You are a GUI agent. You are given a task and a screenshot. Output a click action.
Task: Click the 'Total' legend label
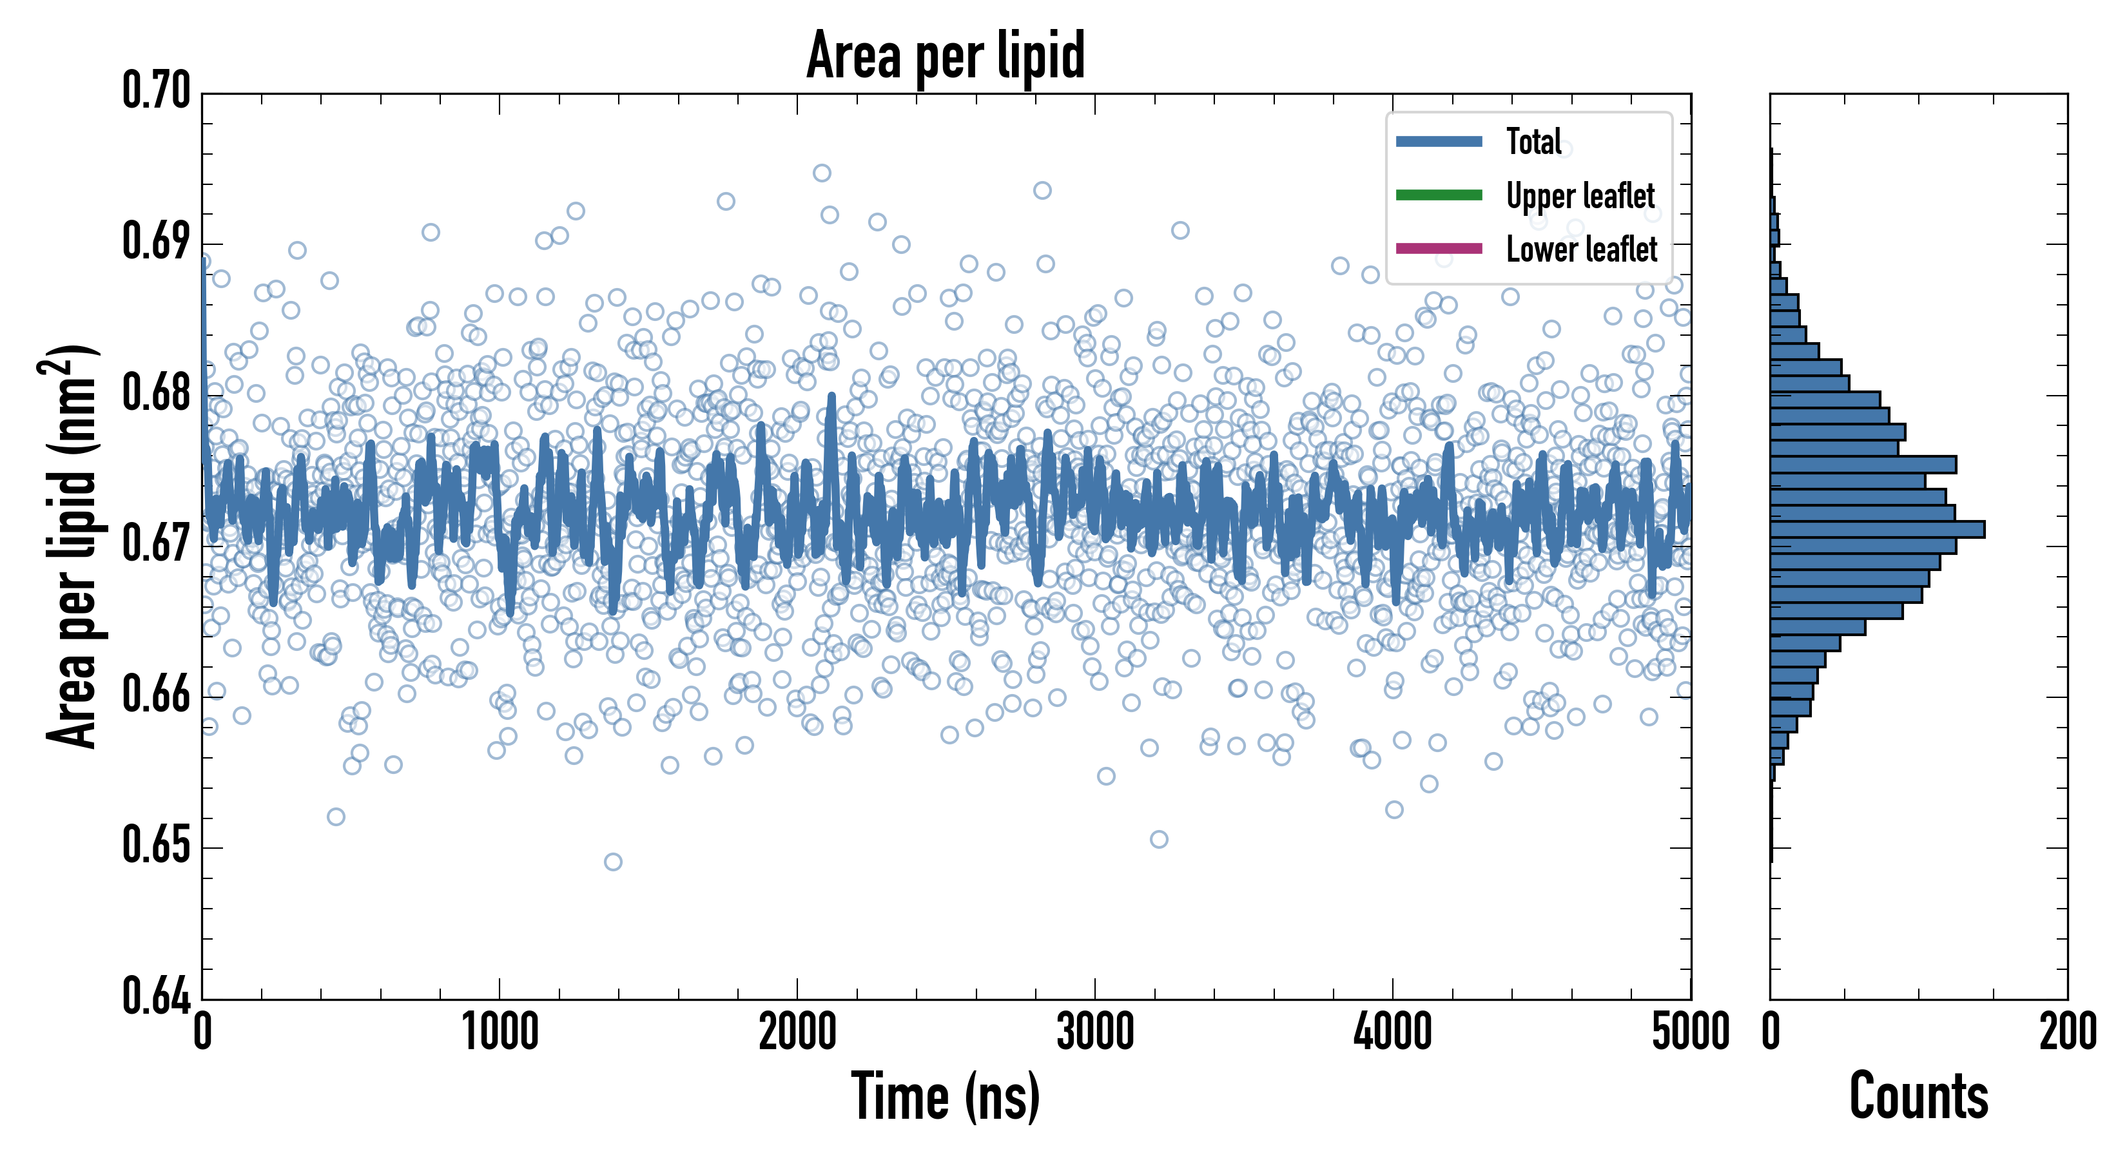click(x=1533, y=141)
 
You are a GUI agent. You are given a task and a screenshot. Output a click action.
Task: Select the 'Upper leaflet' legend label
click(x=1580, y=196)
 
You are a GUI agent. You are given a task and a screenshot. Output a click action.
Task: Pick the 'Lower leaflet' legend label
click(x=1581, y=249)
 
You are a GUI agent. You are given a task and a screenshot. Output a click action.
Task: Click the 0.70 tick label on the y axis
click(x=156, y=91)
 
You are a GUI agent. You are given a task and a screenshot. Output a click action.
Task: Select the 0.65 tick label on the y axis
click(x=156, y=846)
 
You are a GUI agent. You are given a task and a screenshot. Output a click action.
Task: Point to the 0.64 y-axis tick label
click(x=156, y=996)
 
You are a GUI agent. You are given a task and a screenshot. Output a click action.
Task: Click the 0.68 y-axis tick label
click(x=156, y=393)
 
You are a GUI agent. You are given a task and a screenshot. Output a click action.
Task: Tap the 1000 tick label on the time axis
click(x=500, y=1032)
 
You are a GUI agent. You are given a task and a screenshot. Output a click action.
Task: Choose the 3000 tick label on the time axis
click(x=1095, y=1032)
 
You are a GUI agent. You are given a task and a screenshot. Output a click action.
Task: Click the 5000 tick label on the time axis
click(x=1689, y=1032)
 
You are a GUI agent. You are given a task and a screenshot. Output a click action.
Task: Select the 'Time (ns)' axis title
click(x=946, y=1096)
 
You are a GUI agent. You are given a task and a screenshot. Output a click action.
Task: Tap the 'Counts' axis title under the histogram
click(x=1918, y=1096)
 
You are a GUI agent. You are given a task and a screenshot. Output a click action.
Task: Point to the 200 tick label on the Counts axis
click(x=2066, y=1032)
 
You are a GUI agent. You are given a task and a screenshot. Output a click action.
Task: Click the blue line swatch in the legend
click(x=1439, y=141)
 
